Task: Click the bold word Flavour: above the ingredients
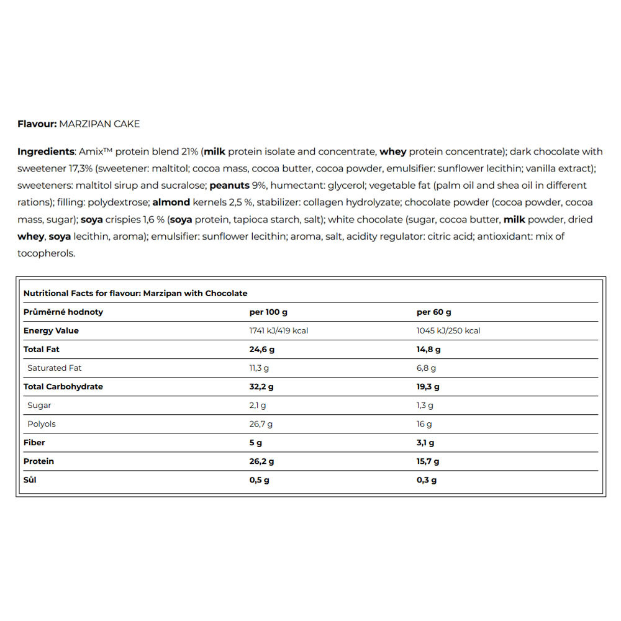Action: (37, 124)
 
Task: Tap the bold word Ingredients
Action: (45, 152)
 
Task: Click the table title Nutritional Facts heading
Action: (135, 293)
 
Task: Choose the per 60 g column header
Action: (433, 312)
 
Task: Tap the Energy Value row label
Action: (51, 330)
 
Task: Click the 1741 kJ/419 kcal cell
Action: (279, 330)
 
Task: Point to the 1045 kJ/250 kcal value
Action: (448, 330)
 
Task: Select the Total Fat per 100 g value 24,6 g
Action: (261, 349)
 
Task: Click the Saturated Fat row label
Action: (55, 368)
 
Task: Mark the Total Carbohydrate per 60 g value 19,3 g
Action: (428, 386)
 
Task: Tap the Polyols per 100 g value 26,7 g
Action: (261, 424)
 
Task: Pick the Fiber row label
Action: (34, 442)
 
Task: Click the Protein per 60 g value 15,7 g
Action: (428, 461)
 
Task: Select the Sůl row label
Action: (30, 479)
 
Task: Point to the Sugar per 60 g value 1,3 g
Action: (425, 405)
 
